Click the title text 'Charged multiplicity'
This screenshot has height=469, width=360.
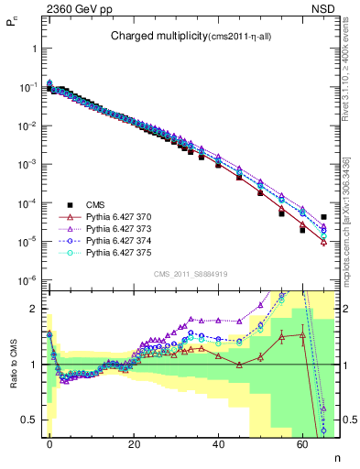tap(160, 36)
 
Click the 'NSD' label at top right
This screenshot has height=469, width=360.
tap(324, 8)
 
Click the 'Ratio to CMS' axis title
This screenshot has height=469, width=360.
tap(11, 366)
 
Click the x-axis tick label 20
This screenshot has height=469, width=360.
tap(134, 443)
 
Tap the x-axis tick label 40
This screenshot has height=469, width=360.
tap(218, 443)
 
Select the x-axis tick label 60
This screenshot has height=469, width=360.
tap(302, 443)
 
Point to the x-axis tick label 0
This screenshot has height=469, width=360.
tap(49, 443)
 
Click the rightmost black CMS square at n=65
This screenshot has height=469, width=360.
tap(323, 217)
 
